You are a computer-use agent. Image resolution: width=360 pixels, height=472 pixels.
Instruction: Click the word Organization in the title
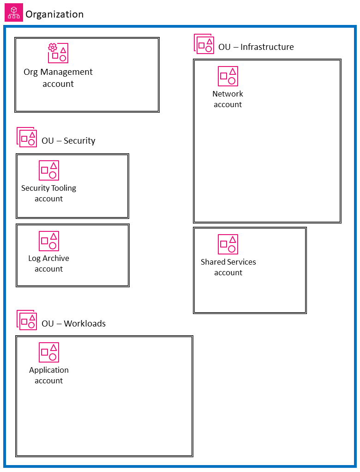tap(54, 14)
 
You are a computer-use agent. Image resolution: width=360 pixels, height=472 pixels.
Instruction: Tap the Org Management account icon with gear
tap(58, 53)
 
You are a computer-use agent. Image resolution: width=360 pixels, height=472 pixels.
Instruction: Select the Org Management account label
tap(58, 78)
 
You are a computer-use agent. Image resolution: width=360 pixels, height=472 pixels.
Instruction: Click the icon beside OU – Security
tap(27, 137)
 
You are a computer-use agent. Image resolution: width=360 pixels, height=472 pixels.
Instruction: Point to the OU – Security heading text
tap(68, 141)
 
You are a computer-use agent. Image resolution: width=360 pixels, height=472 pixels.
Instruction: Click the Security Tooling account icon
tap(49, 170)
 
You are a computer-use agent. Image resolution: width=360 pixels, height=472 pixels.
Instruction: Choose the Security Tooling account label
tap(48, 194)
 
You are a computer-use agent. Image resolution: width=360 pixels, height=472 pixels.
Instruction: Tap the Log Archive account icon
tap(49, 241)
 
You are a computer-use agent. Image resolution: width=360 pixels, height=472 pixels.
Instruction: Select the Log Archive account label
tap(48, 264)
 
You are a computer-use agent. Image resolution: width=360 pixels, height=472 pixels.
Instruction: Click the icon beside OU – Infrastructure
tap(204, 43)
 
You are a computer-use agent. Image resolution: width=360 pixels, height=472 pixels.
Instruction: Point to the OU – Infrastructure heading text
tap(256, 47)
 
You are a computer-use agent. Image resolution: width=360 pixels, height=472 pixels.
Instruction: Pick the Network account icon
tap(228, 76)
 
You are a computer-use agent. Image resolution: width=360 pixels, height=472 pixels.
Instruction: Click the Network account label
tap(228, 99)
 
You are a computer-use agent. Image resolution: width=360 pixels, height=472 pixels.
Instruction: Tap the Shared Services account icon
tap(228, 244)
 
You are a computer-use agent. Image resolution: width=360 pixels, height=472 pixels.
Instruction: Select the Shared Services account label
tap(228, 267)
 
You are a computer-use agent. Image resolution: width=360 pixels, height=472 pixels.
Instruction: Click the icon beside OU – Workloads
tap(27, 320)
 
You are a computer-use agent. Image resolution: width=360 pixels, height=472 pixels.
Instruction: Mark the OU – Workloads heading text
tap(73, 324)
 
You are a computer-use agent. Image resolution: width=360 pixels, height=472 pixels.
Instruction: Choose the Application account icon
tap(49, 352)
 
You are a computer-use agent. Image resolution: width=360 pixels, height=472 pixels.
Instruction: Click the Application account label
tap(48, 375)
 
